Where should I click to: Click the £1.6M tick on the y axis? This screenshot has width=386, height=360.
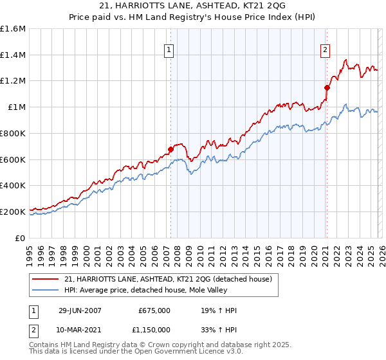pos(13,29)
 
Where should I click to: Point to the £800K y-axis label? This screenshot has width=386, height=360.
pos(13,133)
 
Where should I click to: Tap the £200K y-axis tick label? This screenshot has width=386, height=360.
pos(13,212)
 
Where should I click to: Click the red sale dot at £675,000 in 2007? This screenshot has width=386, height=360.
pos(171,149)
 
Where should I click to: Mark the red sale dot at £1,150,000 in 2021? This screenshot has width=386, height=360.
pos(327,87)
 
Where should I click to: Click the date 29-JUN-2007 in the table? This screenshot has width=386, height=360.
pos(84,311)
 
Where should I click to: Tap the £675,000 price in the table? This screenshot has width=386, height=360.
pos(154,311)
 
